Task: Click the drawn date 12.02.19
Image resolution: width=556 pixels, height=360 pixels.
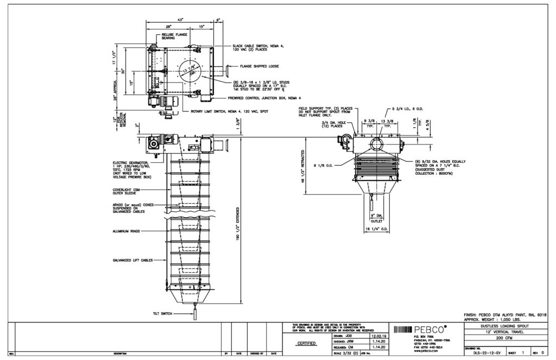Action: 378,336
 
